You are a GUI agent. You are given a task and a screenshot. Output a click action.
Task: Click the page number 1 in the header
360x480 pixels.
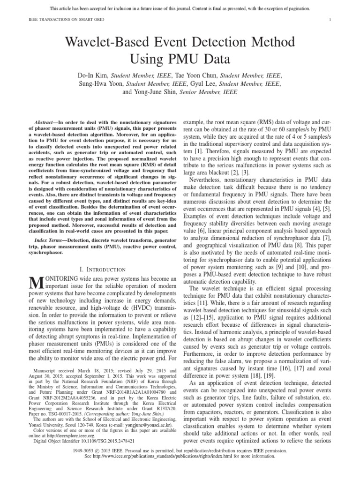point(330,20)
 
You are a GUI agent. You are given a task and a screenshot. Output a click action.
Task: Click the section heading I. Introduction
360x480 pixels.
point(102,269)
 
